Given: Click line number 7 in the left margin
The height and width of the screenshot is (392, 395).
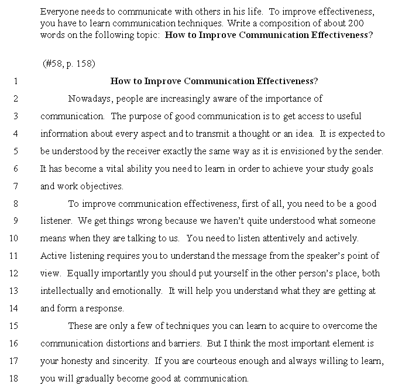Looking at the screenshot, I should pos(16,186).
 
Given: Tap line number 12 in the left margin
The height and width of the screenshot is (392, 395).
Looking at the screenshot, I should pos(15,273).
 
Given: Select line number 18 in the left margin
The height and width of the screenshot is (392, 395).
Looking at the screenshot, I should pos(15,378).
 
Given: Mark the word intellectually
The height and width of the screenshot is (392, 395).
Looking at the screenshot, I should pos(66,291).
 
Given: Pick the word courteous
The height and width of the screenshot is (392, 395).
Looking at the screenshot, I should pos(222,361).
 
